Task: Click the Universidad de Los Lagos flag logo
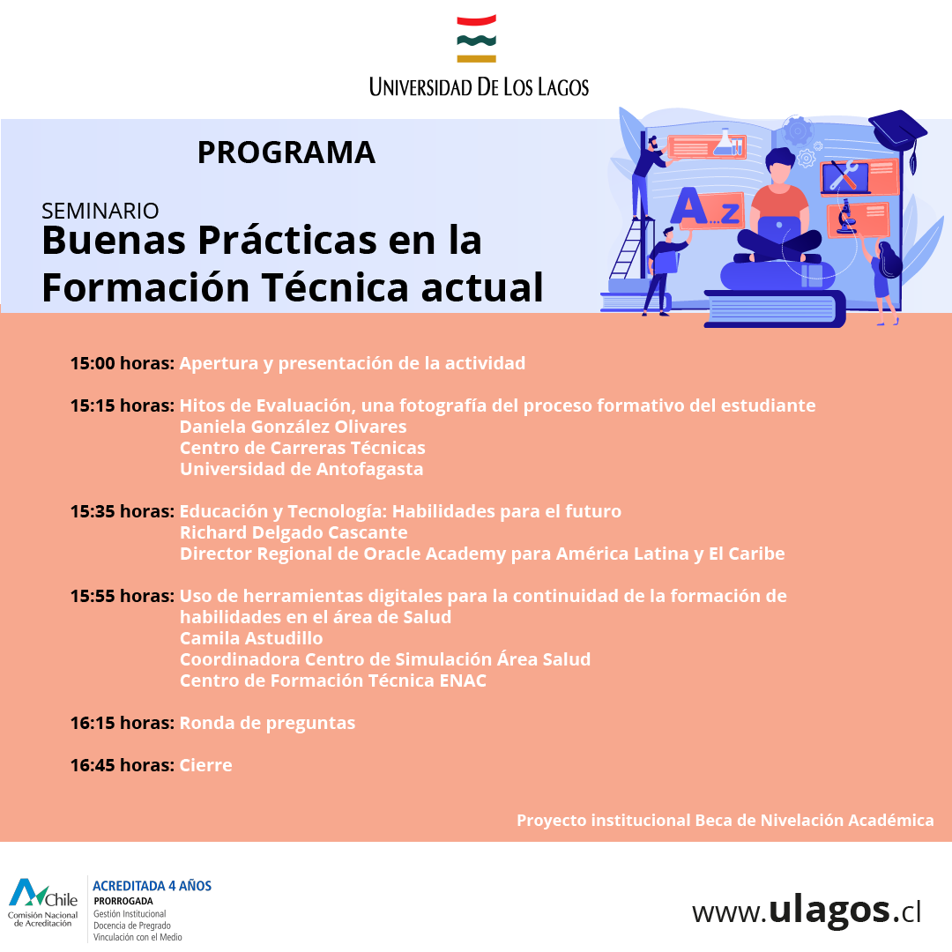(477, 39)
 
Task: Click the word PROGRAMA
(286, 152)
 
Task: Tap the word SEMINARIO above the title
(100, 211)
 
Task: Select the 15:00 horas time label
(122, 363)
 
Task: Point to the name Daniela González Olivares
(294, 427)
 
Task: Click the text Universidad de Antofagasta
(301, 469)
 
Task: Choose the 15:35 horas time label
(122, 511)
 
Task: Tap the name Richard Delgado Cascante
(294, 532)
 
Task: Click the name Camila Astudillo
(251, 638)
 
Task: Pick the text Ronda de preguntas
(268, 723)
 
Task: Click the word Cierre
(205, 765)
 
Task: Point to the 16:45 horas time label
(122, 765)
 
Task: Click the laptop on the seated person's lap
(779, 227)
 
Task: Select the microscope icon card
(858, 219)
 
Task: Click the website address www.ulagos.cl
(807, 911)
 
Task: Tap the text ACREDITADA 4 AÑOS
(152, 886)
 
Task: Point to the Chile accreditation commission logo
(42, 903)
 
